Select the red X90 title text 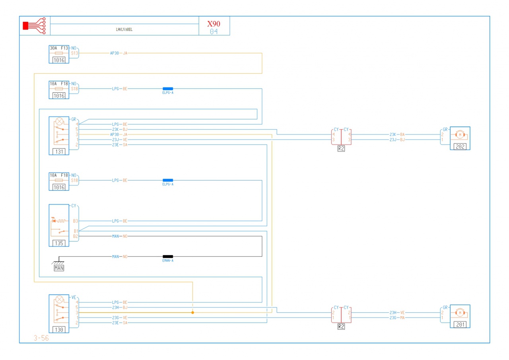tap(214, 23)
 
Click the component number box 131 tap(58, 151)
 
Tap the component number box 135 tap(58, 243)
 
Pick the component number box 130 tap(58, 329)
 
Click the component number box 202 tap(460, 146)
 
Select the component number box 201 tap(460, 324)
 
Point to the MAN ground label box tap(59, 268)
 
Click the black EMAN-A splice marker tap(167, 257)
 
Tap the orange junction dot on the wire tap(192, 313)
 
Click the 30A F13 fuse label tap(59, 48)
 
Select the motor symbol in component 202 tap(460, 134)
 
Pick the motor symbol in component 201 tap(460, 313)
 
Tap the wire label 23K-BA tap(397, 134)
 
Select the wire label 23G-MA tap(397, 318)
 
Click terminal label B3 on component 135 tap(75, 221)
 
